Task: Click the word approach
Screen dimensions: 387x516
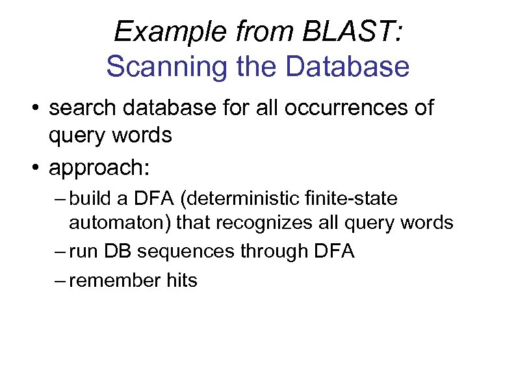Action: pyautogui.click(x=97, y=168)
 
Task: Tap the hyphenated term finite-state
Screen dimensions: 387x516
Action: pyautogui.click(x=356, y=198)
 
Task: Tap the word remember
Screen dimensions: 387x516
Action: pyautogui.click(x=112, y=280)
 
